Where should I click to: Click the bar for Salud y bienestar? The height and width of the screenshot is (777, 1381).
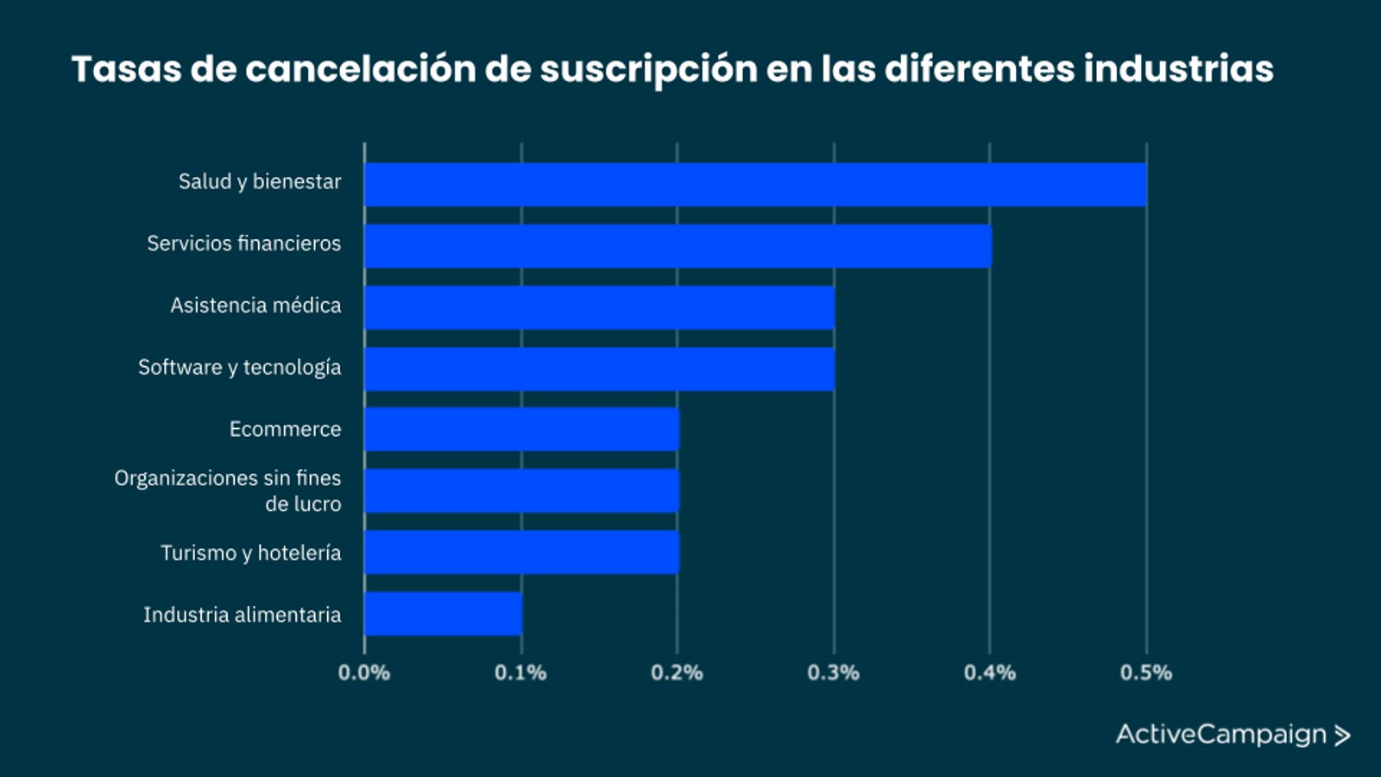pyautogui.click(x=755, y=184)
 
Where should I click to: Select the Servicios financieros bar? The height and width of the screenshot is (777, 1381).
pyautogui.click(x=678, y=246)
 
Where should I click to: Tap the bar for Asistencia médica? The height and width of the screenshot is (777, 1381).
pyautogui.click(x=599, y=307)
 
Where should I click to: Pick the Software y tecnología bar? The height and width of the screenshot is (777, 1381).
pyautogui.click(x=599, y=370)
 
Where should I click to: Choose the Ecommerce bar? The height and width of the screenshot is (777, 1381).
pyautogui.click(x=521, y=429)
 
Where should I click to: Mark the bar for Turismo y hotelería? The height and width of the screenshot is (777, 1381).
pyautogui.click(x=521, y=553)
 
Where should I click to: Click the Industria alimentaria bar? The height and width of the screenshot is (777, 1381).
pyautogui.click(x=443, y=614)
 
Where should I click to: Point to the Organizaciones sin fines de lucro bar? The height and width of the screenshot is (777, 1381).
pyautogui.click(x=521, y=490)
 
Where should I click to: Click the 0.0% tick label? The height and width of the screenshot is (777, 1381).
pyautogui.click(x=364, y=673)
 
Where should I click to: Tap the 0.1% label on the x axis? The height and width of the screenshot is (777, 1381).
pyautogui.click(x=520, y=673)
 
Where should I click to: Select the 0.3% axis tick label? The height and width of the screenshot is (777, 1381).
pyautogui.click(x=834, y=673)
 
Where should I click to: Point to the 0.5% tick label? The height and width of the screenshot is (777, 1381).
pyautogui.click(x=1146, y=673)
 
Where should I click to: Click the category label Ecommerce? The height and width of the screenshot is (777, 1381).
pyautogui.click(x=285, y=429)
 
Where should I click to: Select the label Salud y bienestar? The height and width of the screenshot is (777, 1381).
pyautogui.click(x=260, y=181)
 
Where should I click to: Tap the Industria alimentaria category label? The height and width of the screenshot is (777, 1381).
pyautogui.click(x=242, y=615)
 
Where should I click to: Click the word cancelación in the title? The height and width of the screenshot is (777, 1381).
pyautogui.click(x=360, y=69)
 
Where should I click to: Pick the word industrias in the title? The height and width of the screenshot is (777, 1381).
pyautogui.click(x=1178, y=69)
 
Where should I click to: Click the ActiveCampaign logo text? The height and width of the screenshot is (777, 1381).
pyautogui.click(x=1220, y=735)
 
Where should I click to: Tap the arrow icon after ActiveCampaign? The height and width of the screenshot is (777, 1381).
pyautogui.click(x=1342, y=736)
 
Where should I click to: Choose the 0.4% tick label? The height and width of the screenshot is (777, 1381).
pyautogui.click(x=990, y=673)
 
